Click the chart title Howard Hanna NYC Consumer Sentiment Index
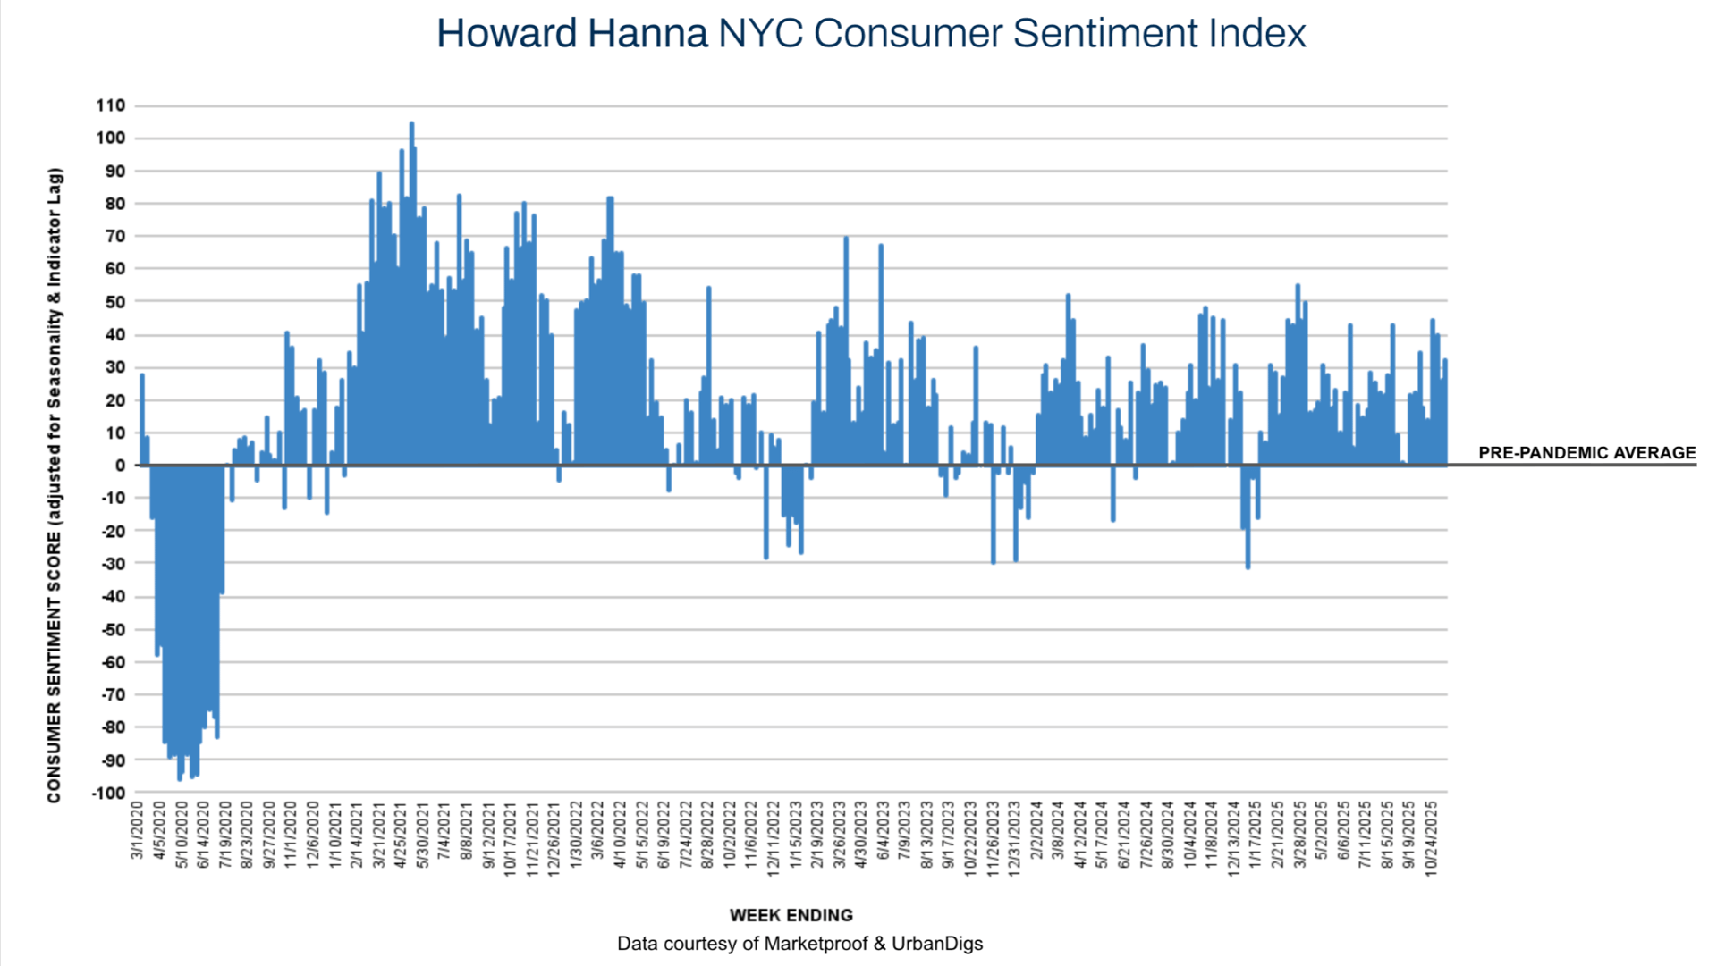pyautogui.click(x=871, y=34)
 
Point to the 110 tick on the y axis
pyautogui.click(x=111, y=105)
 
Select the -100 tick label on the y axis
pyautogui.click(x=108, y=793)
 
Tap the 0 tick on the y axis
pyautogui.click(x=120, y=466)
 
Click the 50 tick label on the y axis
pyautogui.click(x=115, y=302)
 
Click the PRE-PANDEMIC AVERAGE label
pyautogui.click(x=1586, y=453)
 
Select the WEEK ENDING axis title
pyautogui.click(x=791, y=915)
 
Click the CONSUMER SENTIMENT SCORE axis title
pyautogui.click(x=55, y=485)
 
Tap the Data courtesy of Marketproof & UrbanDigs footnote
pyautogui.click(x=799, y=944)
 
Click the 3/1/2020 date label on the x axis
pyautogui.click(x=138, y=831)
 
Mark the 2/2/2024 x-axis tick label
pyautogui.click(x=1036, y=831)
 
